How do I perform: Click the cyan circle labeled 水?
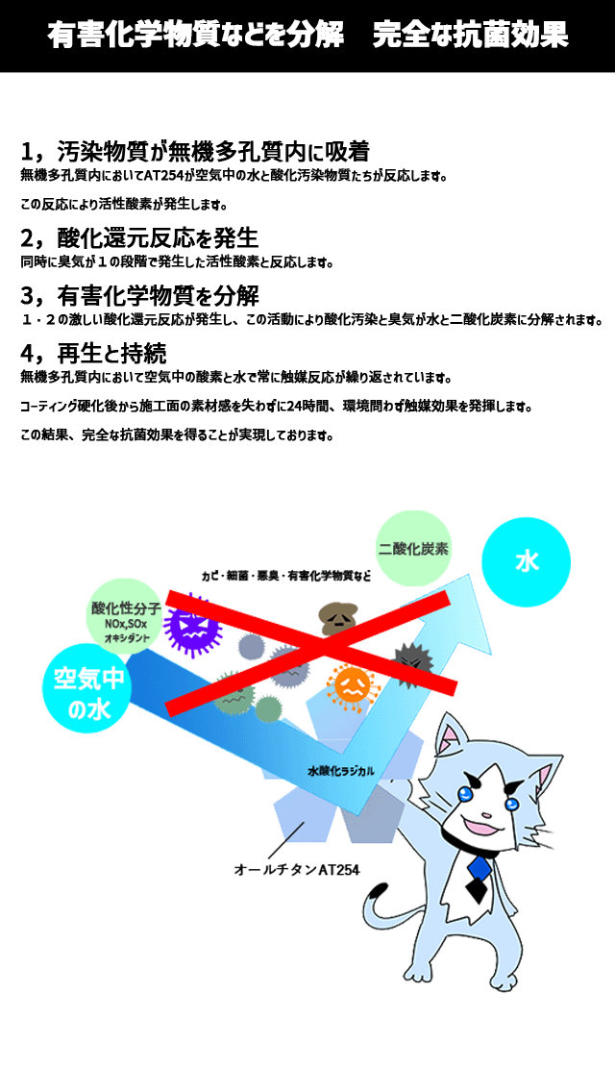point(526,561)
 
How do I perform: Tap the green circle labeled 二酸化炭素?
point(413,548)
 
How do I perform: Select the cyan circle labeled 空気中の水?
point(88,688)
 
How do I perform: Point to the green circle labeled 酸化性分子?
point(126,616)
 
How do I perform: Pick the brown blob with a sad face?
point(339,618)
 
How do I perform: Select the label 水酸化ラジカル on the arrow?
point(341,771)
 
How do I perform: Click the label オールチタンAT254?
point(296,869)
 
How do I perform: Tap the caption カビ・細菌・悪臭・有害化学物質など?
point(286,576)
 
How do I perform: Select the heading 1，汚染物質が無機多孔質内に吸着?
point(194,151)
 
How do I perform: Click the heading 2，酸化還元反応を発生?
point(139,238)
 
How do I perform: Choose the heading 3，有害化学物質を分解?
point(139,296)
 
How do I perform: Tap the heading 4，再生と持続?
point(93,354)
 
